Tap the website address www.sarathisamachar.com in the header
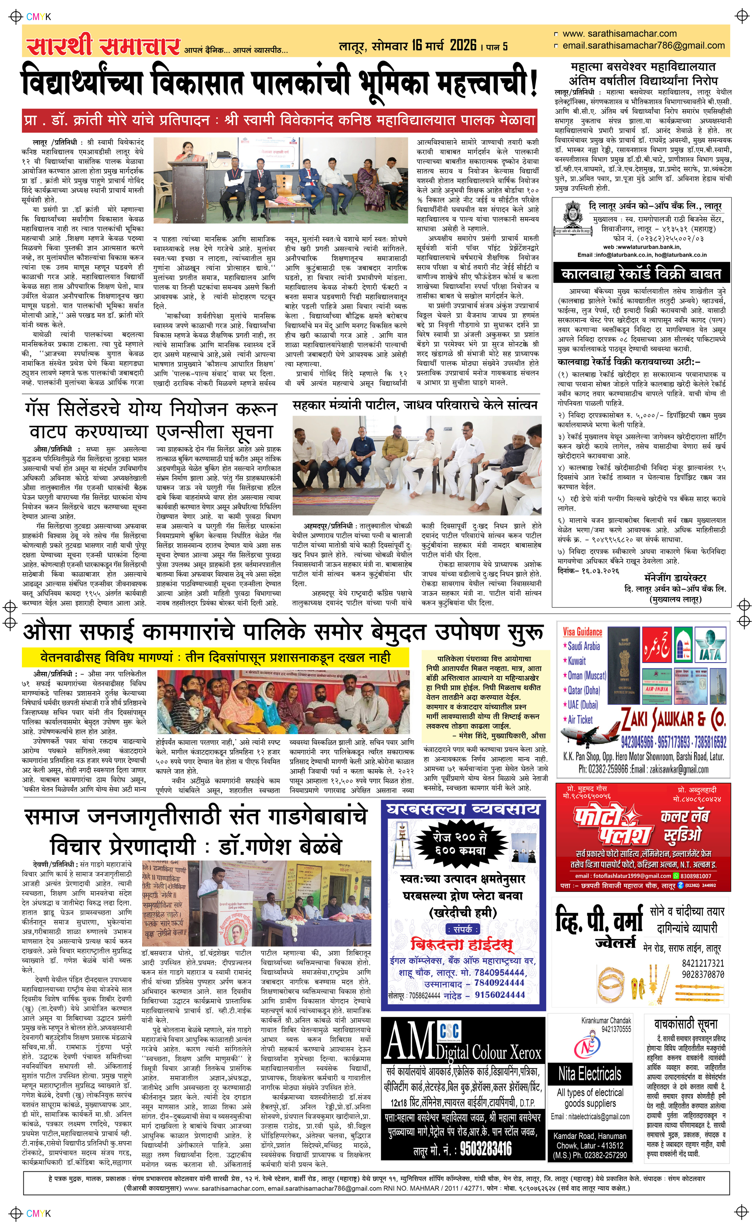click(x=619, y=34)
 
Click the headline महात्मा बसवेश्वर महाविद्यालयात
click(x=643, y=66)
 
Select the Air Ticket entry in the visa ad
click(x=580, y=719)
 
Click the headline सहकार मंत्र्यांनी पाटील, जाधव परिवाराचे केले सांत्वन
click(x=415, y=405)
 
